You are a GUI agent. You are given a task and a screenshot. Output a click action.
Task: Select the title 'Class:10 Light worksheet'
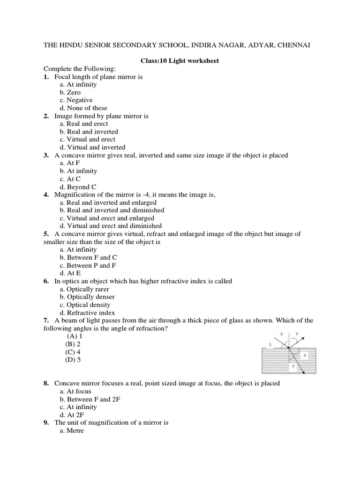tap(180, 61)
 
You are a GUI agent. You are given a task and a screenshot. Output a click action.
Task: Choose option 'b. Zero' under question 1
tap(70, 92)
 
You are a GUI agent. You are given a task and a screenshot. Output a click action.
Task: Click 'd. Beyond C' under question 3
tap(78, 187)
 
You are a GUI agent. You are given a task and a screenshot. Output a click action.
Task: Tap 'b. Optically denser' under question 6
tap(87, 297)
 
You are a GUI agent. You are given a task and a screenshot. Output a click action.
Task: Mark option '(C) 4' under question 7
tap(73, 352)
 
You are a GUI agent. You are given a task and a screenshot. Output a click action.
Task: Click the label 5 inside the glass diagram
tap(293, 367)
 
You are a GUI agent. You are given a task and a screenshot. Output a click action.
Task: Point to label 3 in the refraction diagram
tap(297, 333)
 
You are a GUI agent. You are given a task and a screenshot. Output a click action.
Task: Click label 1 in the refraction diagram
tap(270, 345)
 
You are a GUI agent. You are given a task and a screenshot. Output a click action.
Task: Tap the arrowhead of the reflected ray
tap(305, 337)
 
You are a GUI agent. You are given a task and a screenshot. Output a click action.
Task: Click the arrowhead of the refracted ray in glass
tap(304, 373)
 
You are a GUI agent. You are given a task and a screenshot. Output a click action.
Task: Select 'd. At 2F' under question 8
tap(72, 415)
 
